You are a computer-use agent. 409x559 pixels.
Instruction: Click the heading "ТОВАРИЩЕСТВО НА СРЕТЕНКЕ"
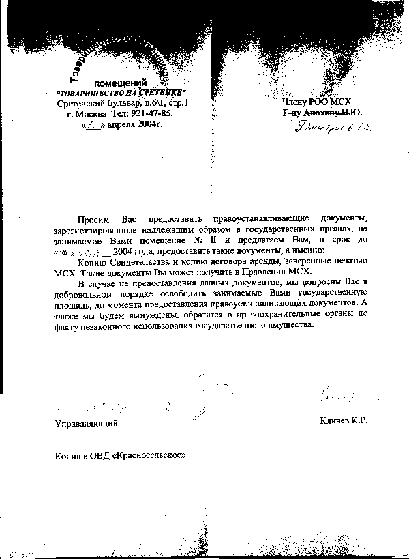(121, 92)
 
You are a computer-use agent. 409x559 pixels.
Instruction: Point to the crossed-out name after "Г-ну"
(333, 113)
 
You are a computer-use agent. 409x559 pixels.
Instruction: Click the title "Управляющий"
(87, 423)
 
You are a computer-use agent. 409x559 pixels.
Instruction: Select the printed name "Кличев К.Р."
(343, 422)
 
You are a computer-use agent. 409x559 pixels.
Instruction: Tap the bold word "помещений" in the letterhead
(121, 82)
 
